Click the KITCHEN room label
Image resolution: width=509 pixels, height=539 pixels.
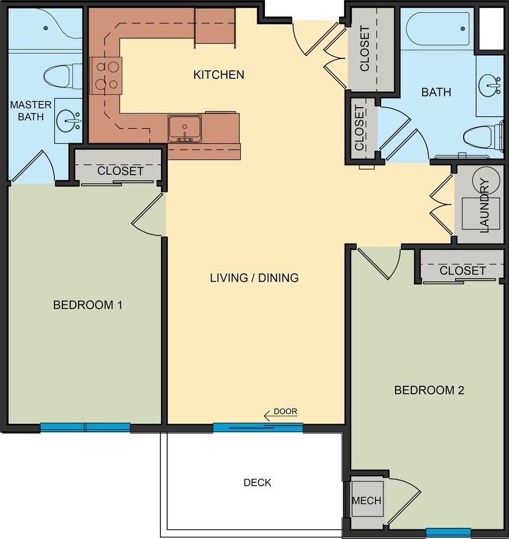219,75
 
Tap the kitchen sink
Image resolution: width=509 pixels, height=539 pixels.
185,129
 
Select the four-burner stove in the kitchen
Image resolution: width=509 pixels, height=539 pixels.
106,76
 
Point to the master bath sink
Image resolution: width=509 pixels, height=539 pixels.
68,121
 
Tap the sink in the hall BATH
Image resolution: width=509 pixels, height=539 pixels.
489,85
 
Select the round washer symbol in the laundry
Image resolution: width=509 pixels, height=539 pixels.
485,180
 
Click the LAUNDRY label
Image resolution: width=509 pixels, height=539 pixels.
484,205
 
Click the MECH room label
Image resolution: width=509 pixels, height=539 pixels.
366,500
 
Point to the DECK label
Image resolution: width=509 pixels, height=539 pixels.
257,483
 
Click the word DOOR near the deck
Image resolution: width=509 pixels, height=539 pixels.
285,411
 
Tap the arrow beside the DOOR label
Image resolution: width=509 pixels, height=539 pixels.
280,416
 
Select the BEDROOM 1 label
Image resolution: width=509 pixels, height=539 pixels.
88,305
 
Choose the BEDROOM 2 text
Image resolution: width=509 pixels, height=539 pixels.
429,390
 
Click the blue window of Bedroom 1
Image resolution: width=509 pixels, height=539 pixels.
85,427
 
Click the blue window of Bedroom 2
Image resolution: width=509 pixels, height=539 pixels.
448,532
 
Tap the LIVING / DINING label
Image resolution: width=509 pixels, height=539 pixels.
254,278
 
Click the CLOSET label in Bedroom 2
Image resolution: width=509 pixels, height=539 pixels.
462,271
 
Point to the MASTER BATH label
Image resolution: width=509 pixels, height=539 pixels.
31,111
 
